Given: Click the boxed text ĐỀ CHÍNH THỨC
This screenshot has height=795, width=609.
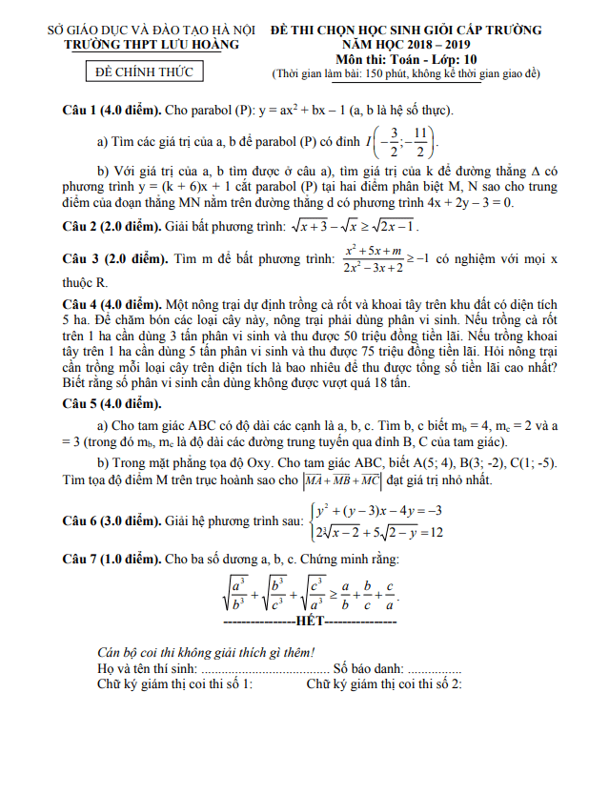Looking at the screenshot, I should [152, 72].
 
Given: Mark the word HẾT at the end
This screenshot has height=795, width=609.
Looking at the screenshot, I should [310, 622].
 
